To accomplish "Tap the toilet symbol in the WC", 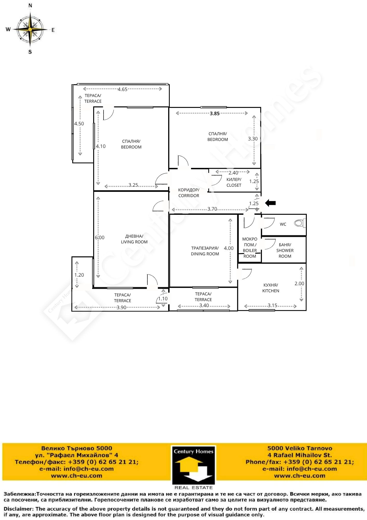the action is tap(300, 223).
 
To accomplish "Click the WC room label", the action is tap(283, 224).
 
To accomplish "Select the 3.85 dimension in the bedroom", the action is tap(215, 113).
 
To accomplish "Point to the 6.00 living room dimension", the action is tap(99, 237).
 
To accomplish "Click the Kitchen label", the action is tap(271, 288).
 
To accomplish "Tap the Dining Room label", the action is tap(205, 251).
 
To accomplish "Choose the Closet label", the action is tap(234, 182).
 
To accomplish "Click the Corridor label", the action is tap(189, 193).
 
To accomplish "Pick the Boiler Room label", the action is tap(250, 248).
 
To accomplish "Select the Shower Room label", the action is tap(285, 250).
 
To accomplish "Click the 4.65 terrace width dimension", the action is tap(123, 89).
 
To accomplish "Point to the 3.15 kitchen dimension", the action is tap(273, 305).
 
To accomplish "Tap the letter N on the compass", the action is tap(30, 5).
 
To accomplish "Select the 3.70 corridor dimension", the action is tap(212, 209).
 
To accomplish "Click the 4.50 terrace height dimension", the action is tap(79, 123).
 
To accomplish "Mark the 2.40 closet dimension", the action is tap(233, 173).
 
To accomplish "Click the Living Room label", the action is tap(134, 239).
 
